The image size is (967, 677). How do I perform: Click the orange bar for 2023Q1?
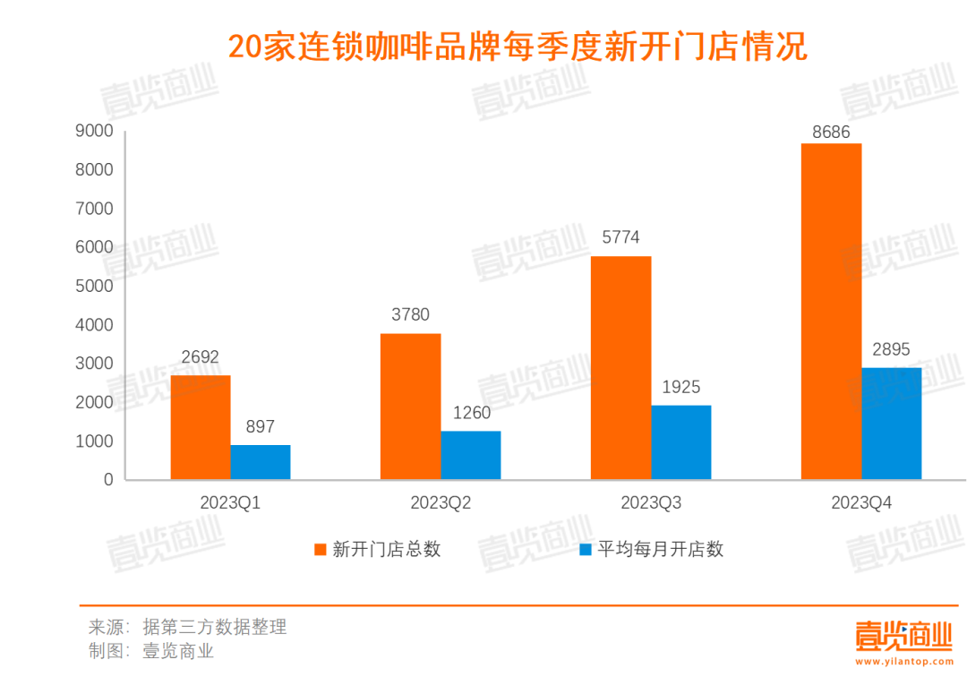pos(200,427)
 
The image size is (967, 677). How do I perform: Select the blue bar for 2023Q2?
pos(470,455)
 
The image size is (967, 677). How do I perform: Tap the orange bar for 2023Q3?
pos(620,367)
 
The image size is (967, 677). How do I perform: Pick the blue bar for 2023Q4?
pos(891,423)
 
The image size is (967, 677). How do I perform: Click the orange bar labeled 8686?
pos(831,311)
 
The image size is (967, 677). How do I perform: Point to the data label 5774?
pos(620,238)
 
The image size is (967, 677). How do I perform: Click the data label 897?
pos(260,427)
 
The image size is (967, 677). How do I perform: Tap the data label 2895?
pos(891,349)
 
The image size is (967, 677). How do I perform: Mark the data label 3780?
pos(410,315)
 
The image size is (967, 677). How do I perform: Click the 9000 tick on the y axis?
pos(95,132)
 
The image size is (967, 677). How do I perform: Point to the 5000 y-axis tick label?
pos(95,287)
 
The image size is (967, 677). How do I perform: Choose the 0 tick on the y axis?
pos(107,480)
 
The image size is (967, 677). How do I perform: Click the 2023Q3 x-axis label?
pos(650,503)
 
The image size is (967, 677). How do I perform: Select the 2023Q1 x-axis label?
pos(230,503)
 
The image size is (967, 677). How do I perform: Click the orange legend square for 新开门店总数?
pos(320,549)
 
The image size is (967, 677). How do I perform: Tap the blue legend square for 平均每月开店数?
pos(586,549)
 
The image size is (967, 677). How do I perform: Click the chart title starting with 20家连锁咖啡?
pos(518,47)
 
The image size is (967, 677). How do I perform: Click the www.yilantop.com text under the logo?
pos(904,664)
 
